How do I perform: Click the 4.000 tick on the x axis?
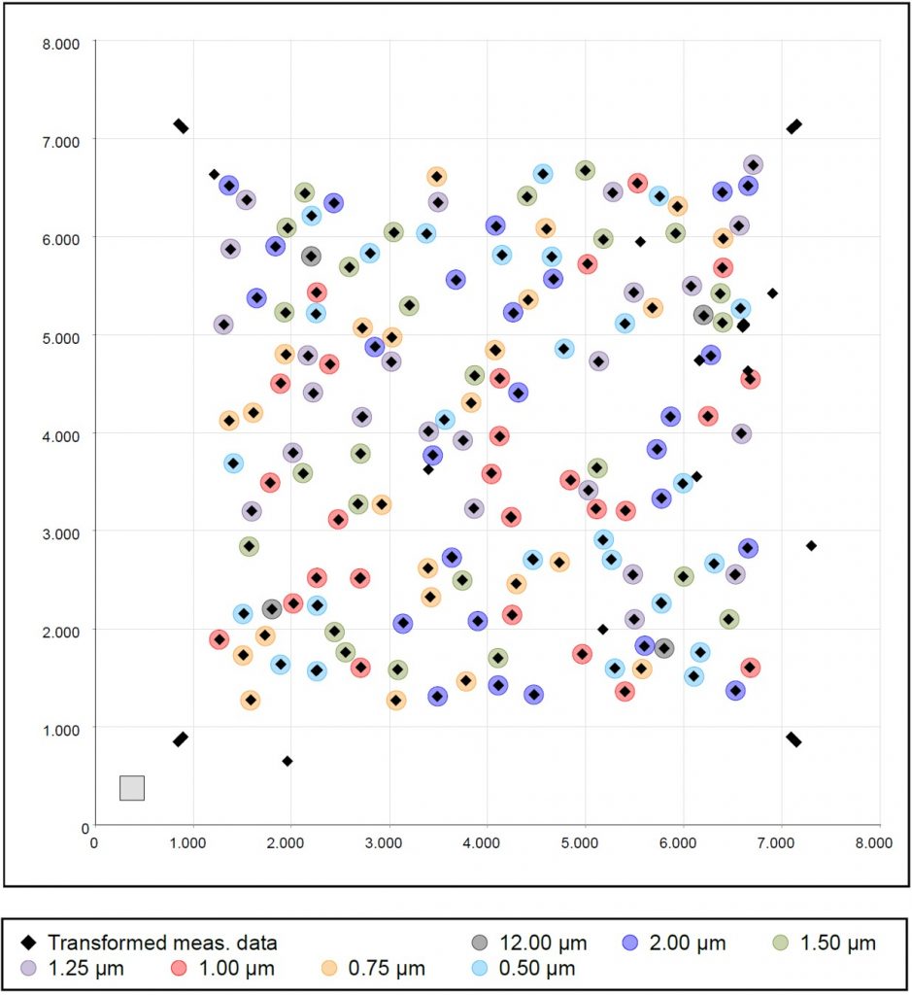point(486,842)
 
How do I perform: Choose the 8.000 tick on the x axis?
point(878,842)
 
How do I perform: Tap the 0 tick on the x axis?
point(93,842)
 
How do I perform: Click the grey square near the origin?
point(132,787)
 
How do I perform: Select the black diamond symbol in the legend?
point(29,943)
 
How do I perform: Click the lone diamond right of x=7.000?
point(811,545)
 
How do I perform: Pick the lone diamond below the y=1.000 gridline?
point(287,761)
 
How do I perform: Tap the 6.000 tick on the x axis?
point(682,842)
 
